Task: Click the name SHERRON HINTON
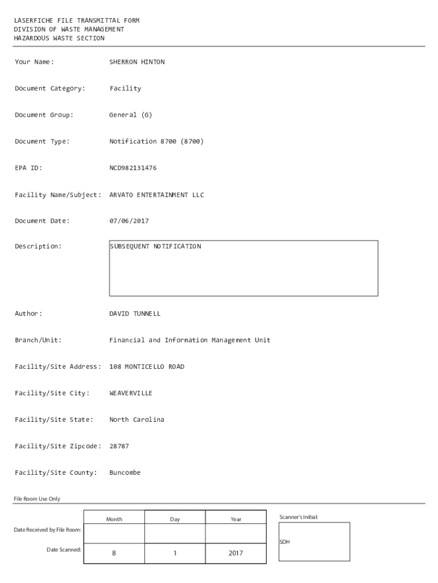(137, 62)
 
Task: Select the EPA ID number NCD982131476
(133, 168)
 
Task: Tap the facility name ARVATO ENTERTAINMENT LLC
(156, 195)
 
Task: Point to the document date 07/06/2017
(129, 221)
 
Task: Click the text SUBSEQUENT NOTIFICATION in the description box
(155, 247)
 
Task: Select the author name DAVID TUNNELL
(135, 314)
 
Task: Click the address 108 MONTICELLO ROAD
(147, 367)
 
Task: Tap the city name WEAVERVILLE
(131, 393)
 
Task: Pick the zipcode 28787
(119, 446)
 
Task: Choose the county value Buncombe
(125, 473)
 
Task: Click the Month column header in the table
(114, 519)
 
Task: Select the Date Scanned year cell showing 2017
(235, 553)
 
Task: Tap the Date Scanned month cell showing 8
(114, 553)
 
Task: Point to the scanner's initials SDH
(284, 542)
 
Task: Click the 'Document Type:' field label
(42, 141)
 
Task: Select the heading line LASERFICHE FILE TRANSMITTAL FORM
(77, 20)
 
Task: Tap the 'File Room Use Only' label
(37, 499)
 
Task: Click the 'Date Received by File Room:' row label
(47, 530)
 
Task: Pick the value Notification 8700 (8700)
(156, 141)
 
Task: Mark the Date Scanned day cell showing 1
(175, 553)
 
